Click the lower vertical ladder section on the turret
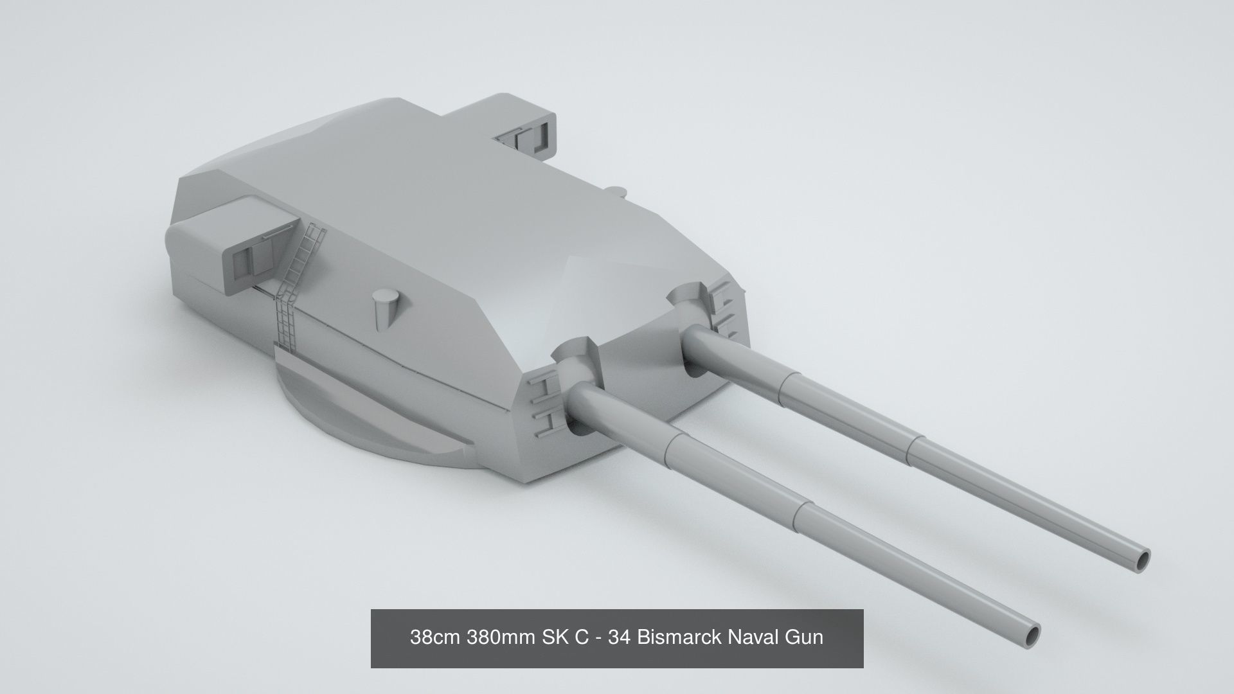click(285, 321)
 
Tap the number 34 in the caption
click(619, 637)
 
